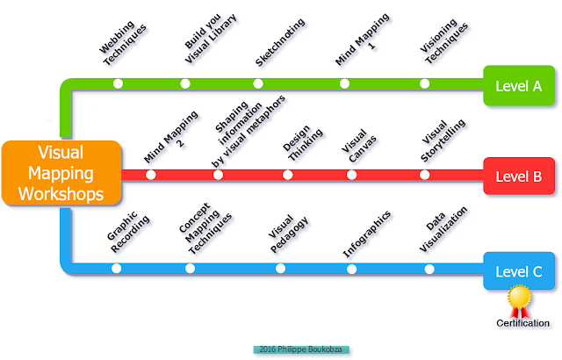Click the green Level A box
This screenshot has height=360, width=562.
518,85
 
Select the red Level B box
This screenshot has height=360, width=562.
518,176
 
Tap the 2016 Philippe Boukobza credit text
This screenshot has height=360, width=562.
301,349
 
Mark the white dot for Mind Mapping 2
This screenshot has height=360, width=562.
151,176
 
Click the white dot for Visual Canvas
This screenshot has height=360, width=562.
352,176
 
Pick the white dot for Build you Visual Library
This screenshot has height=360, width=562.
185,84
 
